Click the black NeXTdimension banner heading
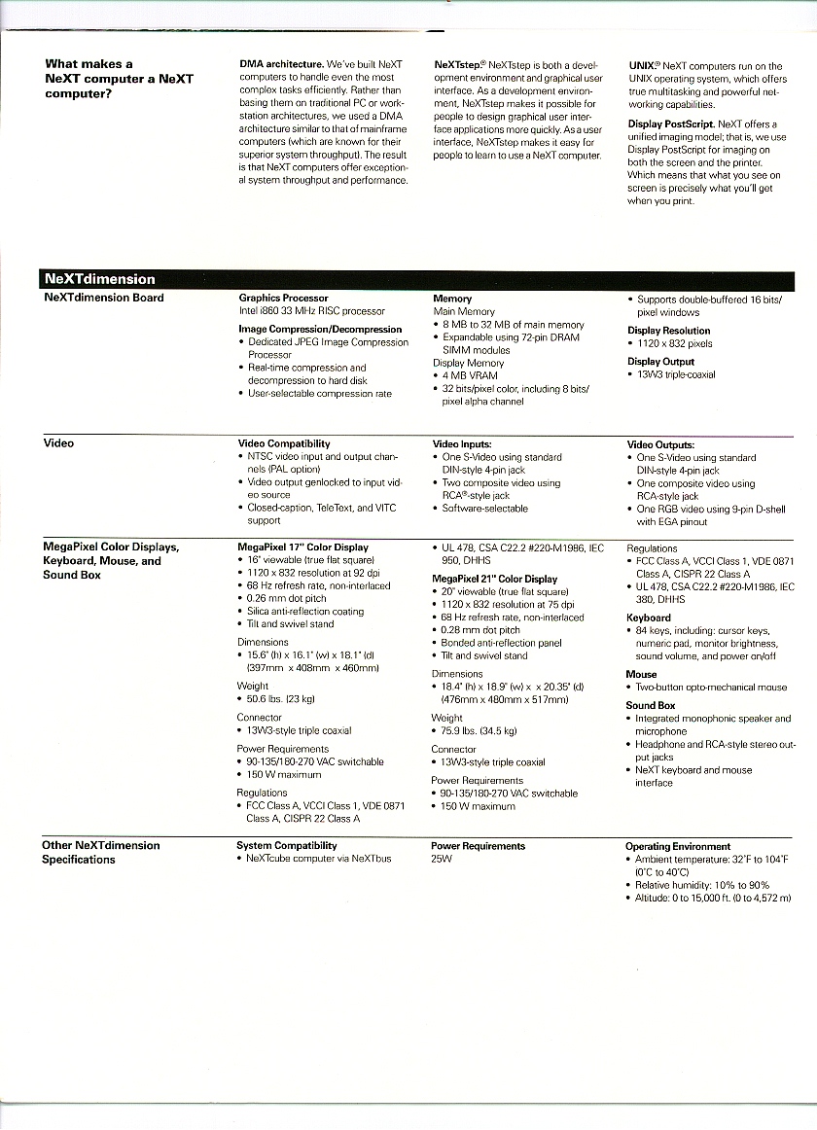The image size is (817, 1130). coord(99,279)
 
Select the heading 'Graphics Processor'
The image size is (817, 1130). coord(283,299)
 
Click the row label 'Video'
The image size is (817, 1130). coord(58,443)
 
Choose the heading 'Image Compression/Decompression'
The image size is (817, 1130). coord(320,330)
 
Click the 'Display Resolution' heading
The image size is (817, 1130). coord(668,331)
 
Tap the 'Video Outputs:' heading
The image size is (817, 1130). coord(660,445)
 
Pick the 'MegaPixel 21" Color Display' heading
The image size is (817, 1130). coord(495,580)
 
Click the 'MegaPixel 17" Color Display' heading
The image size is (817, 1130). coord(302,547)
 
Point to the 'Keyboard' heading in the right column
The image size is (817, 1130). coord(648,618)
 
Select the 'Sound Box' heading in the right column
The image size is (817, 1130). coord(650,706)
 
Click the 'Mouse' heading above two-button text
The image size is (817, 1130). coord(641,674)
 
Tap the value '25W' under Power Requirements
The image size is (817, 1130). coord(442,860)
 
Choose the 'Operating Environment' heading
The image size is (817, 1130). coord(677,847)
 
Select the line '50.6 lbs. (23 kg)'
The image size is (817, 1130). coord(281,698)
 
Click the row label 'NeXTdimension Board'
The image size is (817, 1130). coord(104,298)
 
